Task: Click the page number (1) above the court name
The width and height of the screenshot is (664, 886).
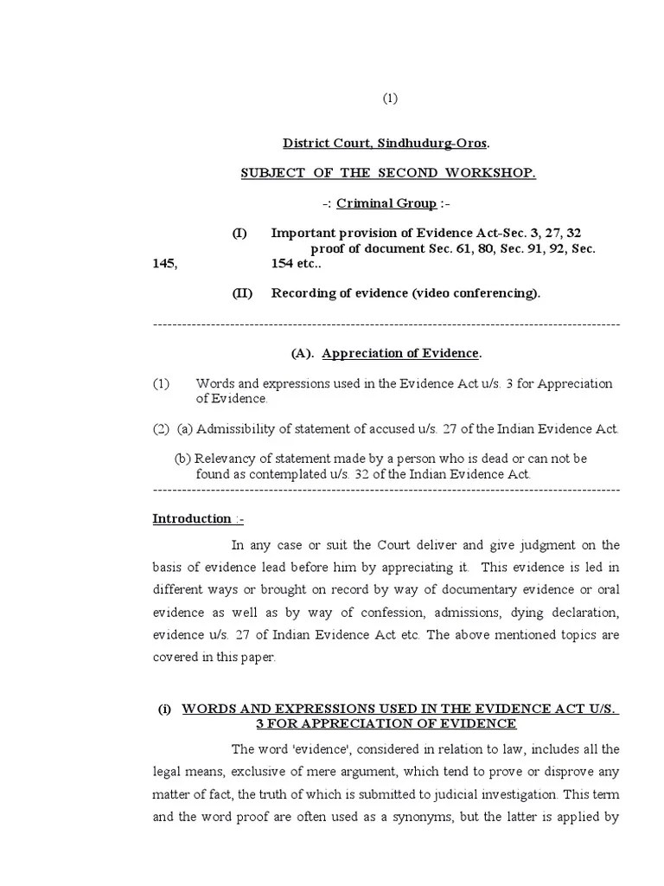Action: point(390,99)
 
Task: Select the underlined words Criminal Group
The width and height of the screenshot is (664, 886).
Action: point(386,203)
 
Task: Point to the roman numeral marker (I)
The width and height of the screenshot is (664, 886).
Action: point(239,234)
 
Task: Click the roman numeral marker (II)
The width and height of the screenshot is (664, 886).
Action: point(241,292)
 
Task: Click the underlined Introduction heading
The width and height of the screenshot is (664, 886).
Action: point(192,519)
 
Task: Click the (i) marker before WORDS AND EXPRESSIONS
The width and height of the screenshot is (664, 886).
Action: point(164,709)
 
